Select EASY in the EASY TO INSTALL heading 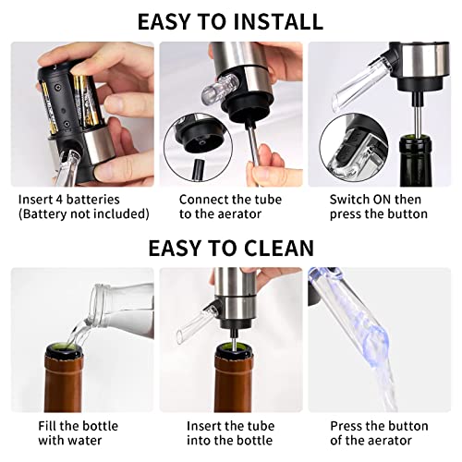168,21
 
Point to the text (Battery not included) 83,213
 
